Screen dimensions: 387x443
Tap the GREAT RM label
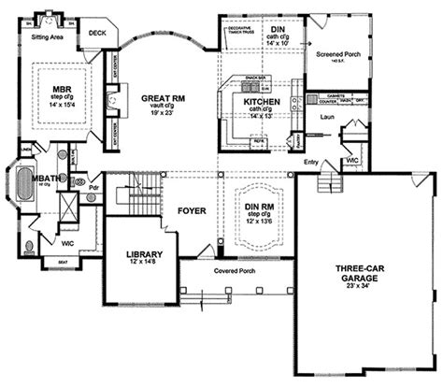[x=161, y=96]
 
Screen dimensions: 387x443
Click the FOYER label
[x=190, y=210]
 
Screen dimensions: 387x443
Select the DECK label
[x=97, y=34]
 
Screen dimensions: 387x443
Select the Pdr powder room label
[x=95, y=186]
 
